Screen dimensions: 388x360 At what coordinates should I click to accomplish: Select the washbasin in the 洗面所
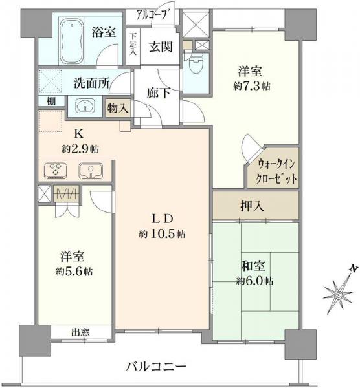[x=85, y=105]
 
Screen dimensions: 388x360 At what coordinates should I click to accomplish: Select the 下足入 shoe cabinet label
[x=133, y=45]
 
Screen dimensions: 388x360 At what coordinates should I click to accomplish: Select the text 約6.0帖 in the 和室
[x=254, y=281]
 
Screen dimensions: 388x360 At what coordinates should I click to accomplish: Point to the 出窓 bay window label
[x=80, y=332]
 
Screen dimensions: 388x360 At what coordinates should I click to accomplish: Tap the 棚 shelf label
[x=51, y=102]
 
